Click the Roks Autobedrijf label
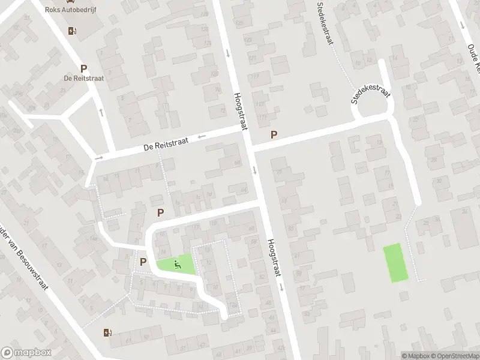[74, 10]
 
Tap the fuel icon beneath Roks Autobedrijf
[73, 31]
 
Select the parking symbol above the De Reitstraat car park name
[83, 69]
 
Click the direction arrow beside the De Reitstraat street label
[202, 136]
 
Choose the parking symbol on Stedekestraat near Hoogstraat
[274, 135]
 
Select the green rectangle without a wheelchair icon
[395, 263]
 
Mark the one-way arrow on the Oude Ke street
[463, 26]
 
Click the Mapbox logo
[26, 353]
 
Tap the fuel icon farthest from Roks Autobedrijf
[108, 332]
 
